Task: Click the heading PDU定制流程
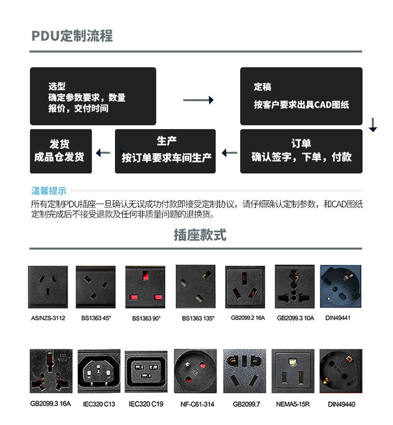point(72,36)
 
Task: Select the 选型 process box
point(93,96)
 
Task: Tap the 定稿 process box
point(301,96)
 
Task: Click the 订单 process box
point(301,151)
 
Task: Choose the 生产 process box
point(165,151)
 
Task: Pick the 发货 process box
point(61,151)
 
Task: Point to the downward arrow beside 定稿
point(373,125)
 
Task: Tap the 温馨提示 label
point(49,191)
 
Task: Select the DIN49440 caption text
point(341,404)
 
